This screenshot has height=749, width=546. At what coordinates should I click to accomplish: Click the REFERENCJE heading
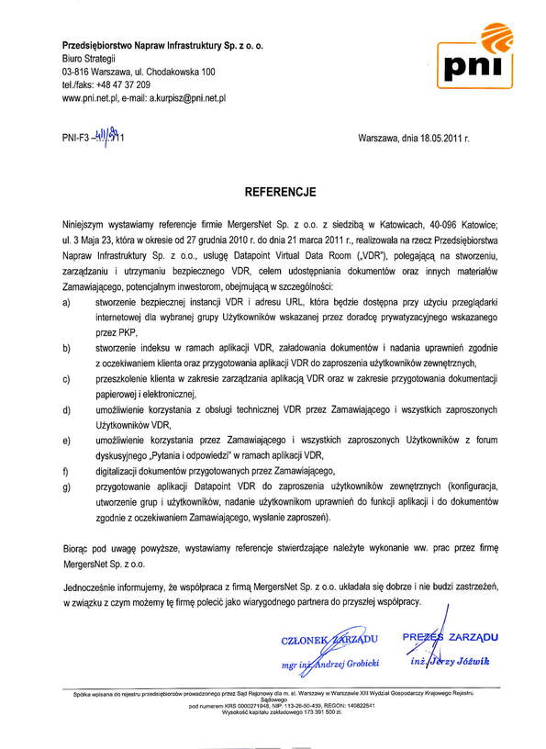coord(280,193)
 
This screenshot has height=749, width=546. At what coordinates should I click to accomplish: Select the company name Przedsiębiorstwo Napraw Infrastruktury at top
coord(162,44)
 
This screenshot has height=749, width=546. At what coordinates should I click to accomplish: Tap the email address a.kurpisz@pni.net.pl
coord(188,96)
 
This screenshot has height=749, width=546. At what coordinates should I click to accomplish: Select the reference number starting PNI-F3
coord(93,140)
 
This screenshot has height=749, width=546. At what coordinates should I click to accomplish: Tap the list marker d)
coord(66,410)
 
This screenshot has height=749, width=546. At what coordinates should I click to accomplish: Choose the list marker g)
coord(66,486)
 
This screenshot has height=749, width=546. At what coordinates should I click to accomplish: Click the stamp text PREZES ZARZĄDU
coord(450,636)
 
